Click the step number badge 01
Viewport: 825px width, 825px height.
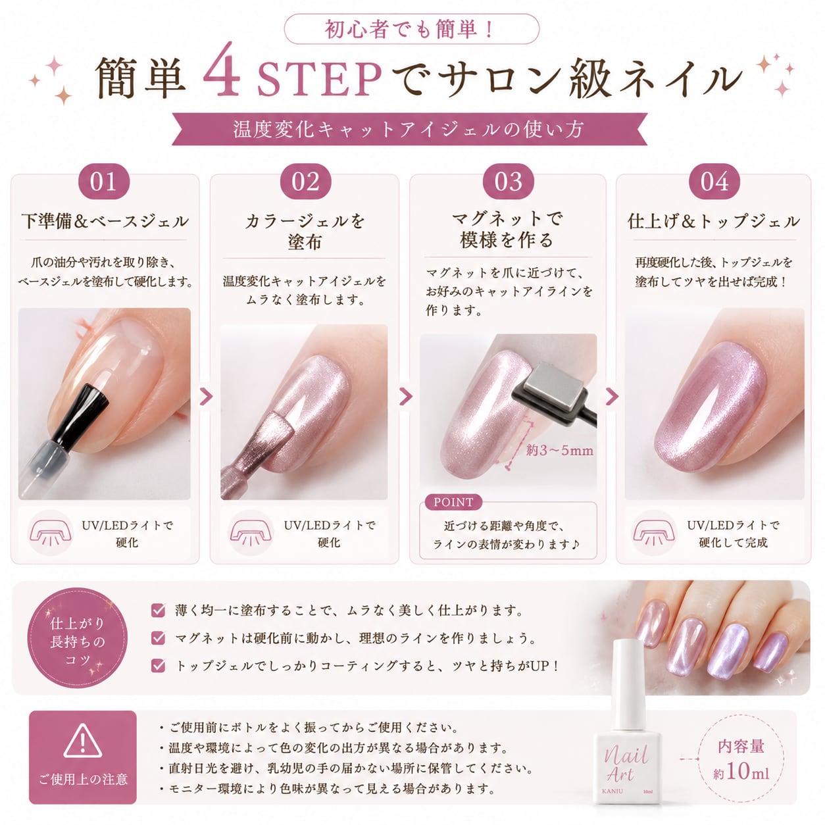(103, 181)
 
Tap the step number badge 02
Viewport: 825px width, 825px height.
(305, 181)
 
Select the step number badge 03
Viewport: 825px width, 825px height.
(508, 181)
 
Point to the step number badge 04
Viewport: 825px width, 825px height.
(714, 181)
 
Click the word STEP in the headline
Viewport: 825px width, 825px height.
(319, 79)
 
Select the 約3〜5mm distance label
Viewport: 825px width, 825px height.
(559, 451)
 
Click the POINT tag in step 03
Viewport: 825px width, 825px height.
(453, 502)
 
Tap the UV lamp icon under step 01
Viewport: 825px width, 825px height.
(50, 533)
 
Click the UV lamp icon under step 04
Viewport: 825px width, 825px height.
(653, 533)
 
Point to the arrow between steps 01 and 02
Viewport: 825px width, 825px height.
(206, 397)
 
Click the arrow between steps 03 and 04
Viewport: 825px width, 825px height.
(612, 397)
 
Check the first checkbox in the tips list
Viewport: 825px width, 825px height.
(158, 610)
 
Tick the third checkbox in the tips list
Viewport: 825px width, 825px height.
(158, 665)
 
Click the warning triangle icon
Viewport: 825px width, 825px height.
(83, 741)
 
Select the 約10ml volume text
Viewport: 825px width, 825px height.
(741, 772)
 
